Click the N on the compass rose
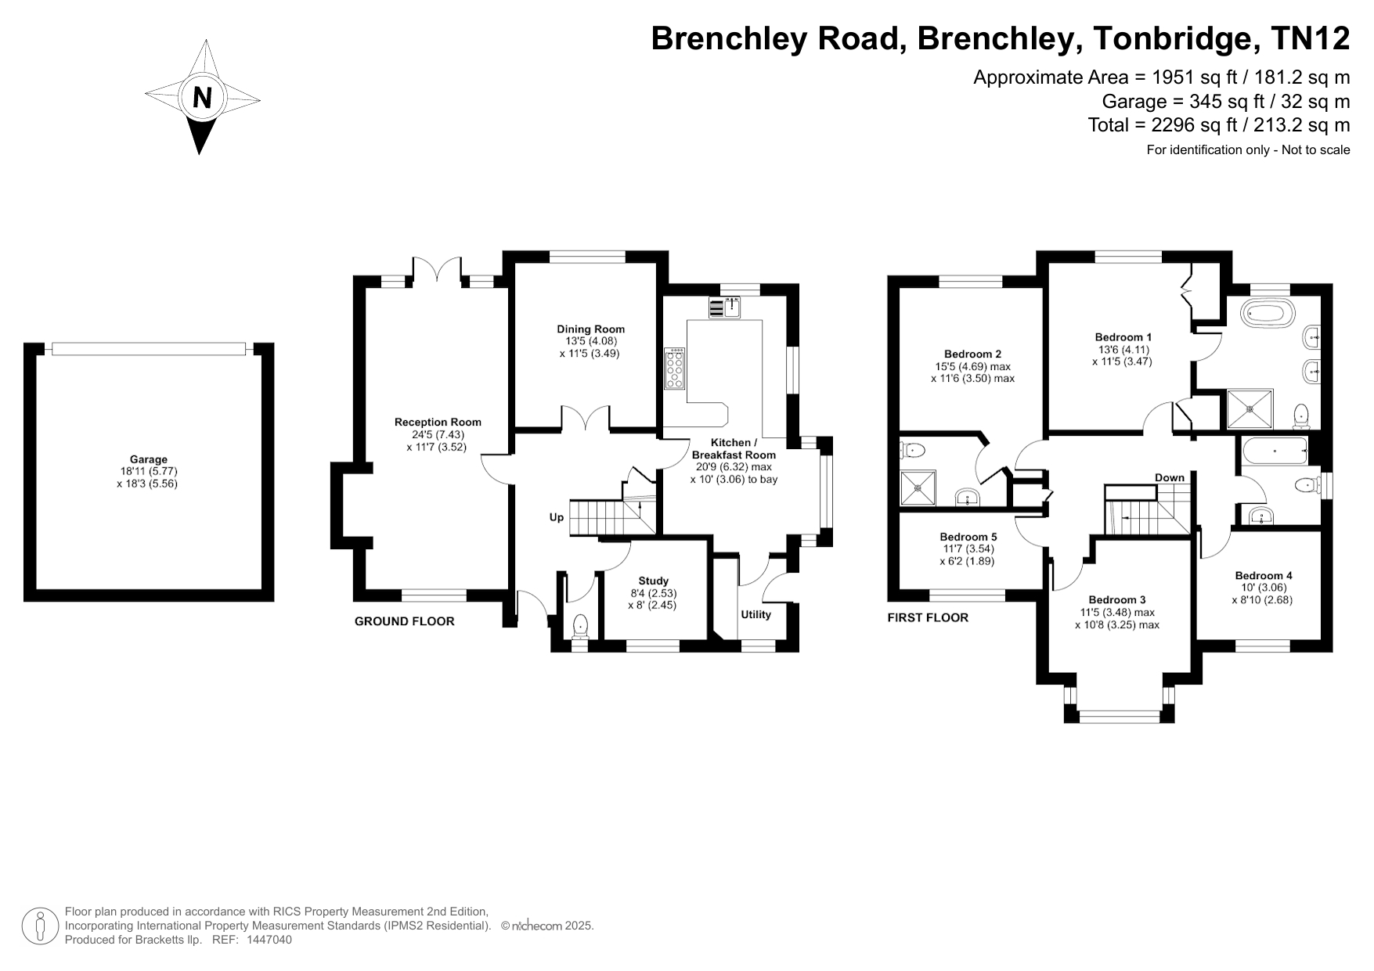coord(202,98)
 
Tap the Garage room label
coord(149,460)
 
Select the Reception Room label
coord(438,423)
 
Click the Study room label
coord(654,581)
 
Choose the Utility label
coord(756,614)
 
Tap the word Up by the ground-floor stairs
coord(556,518)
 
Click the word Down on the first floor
coord(1170,478)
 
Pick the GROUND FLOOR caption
coord(405,621)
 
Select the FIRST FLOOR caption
coord(928,618)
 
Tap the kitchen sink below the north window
coord(726,307)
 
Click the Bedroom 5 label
coord(968,538)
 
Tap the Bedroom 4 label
coord(1264,576)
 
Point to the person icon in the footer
coord(40,926)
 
